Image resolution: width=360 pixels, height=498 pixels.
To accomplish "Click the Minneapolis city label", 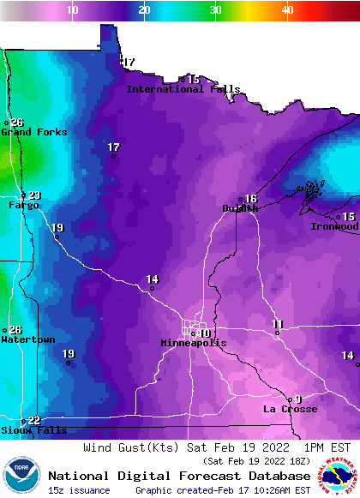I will pyautogui.click(x=194, y=343).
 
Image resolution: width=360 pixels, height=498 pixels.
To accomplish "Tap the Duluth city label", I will pyautogui.click(x=240, y=208).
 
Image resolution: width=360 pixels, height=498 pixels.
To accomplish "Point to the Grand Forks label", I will pyautogui.click(x=27, y=132).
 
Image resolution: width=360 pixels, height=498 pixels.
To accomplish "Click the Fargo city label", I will pyautogui.click(x=23, y=206).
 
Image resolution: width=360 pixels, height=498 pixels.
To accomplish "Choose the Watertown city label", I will pyautogui.click(x=28, y=340).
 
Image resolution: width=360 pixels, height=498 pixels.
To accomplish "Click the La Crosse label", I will pyautogui.click(x=290, y=410).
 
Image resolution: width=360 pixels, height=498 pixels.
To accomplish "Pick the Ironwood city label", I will pyautogui.click(x=334, y=227).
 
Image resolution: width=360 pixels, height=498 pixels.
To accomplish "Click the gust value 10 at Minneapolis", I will pyautogui.click(x=205, y=333).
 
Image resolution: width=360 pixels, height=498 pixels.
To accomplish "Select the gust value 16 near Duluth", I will pyautogui.click(x=251, y=199).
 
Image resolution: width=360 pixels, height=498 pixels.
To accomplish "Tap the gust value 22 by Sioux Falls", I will pyautogui.click(x=34, y=420).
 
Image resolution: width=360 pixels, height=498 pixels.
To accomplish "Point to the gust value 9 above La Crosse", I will pyautogui.click(x=298, y=399).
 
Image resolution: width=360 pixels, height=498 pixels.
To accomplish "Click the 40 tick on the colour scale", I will pyautogui.click(x=287, y=9).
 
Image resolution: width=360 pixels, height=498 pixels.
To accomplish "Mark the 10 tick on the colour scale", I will pyautogui.click(x=73, y=9).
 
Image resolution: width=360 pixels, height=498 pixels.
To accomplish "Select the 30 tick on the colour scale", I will pyautogui.click(x=215, y=9).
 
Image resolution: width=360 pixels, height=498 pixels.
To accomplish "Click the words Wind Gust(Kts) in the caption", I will pyautogui.click(x=120, y=447).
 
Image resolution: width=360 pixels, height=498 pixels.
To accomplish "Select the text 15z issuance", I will pyautogui.click(x=79, y=490).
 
